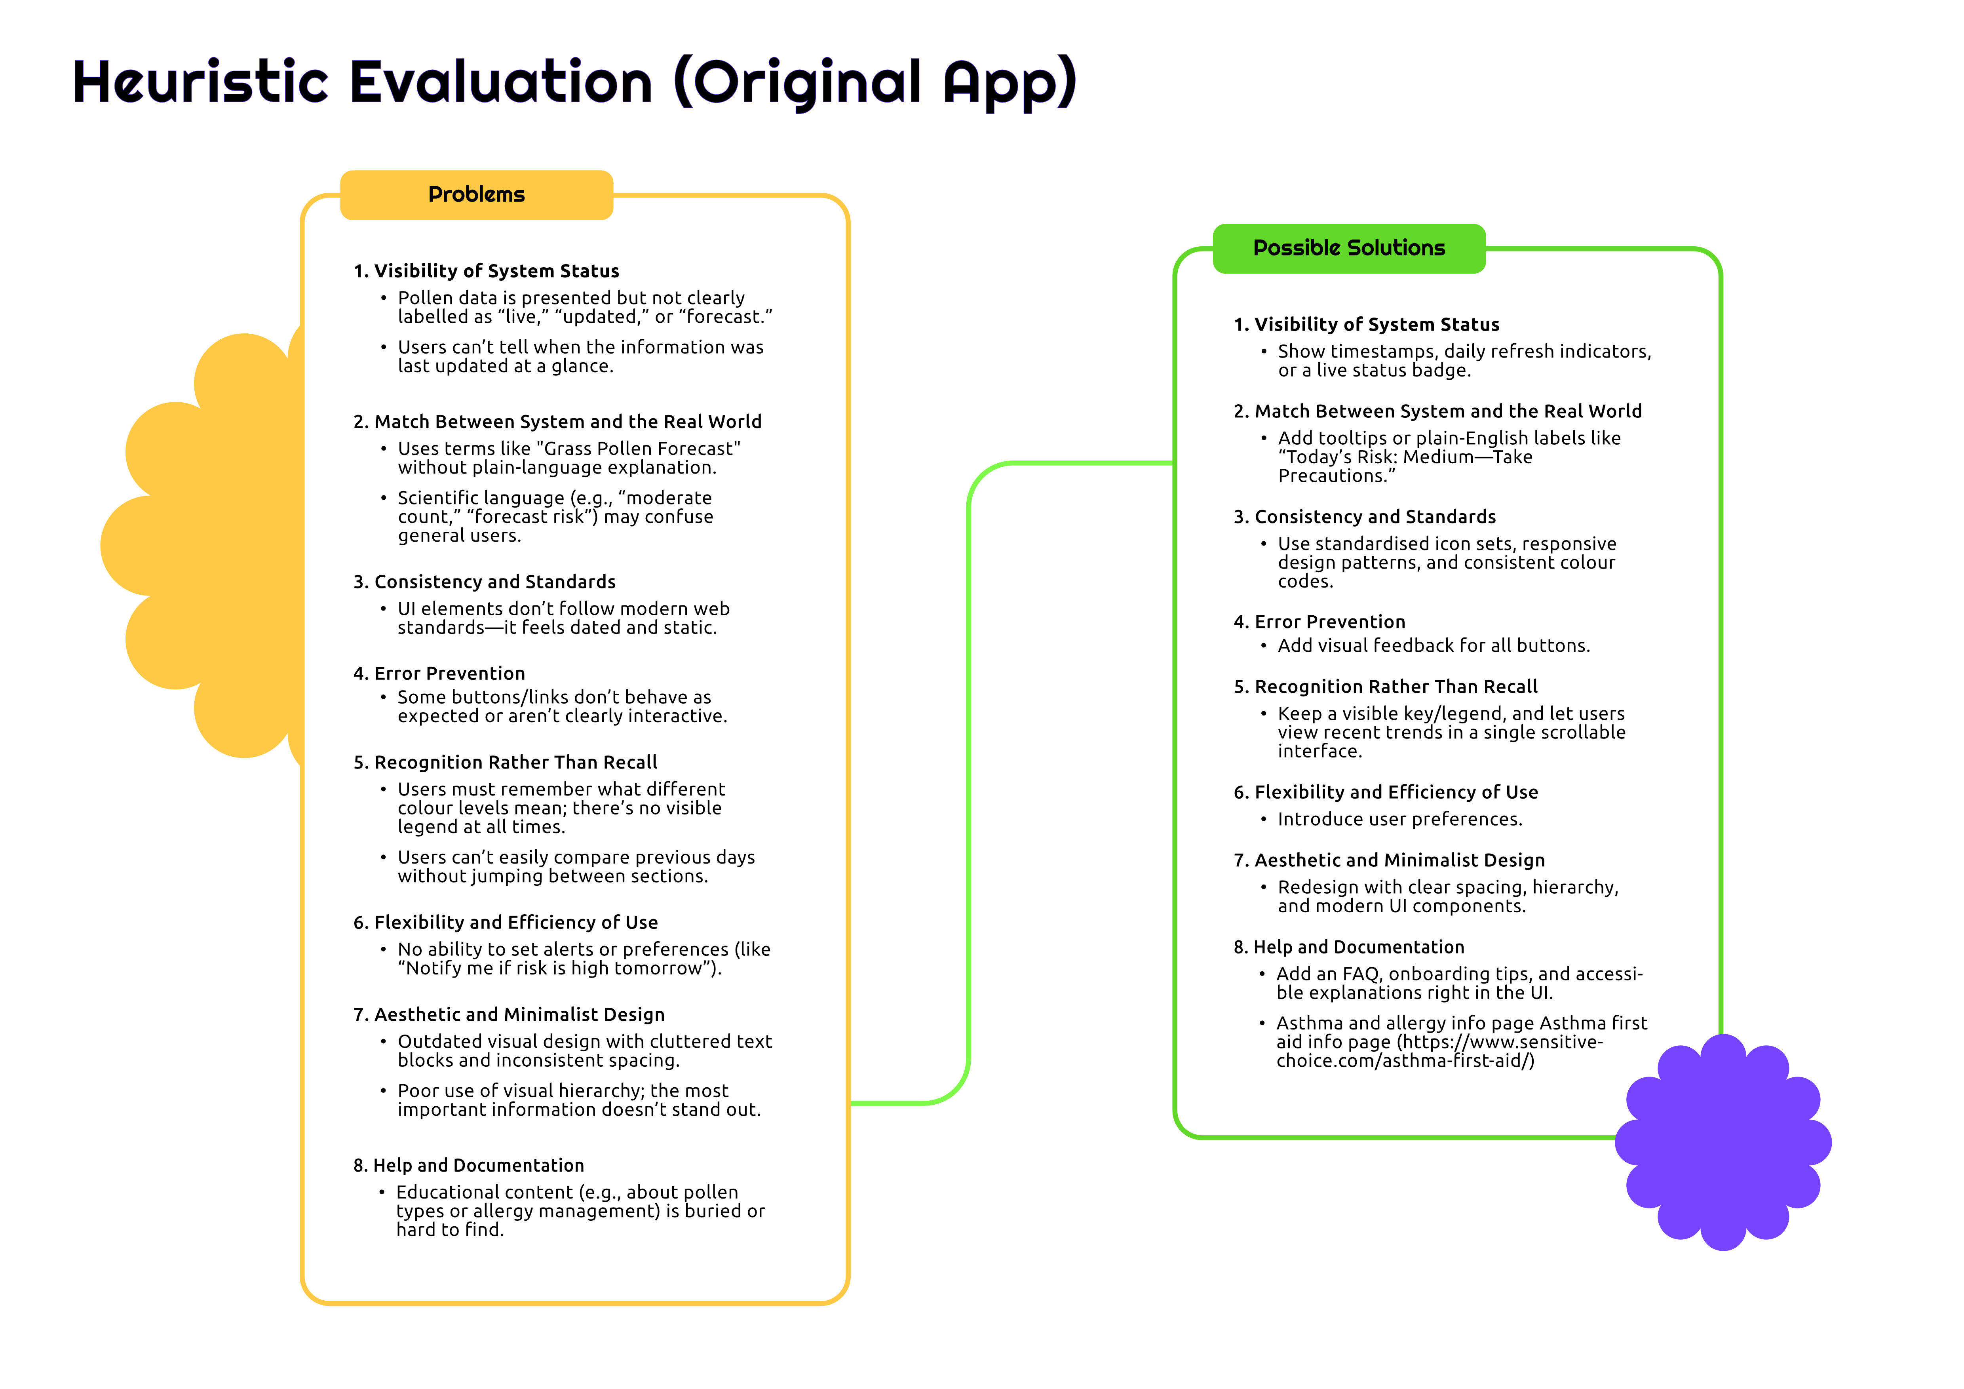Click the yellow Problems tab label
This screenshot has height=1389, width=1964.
477,195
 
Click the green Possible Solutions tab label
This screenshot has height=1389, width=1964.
1349,248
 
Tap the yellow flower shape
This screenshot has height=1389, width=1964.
205,546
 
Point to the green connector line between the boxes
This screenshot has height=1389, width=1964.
969,782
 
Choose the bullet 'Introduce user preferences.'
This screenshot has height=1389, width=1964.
1399,819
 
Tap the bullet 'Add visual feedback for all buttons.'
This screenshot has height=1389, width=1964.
1434,646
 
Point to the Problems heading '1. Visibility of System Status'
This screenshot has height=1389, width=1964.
486,271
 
